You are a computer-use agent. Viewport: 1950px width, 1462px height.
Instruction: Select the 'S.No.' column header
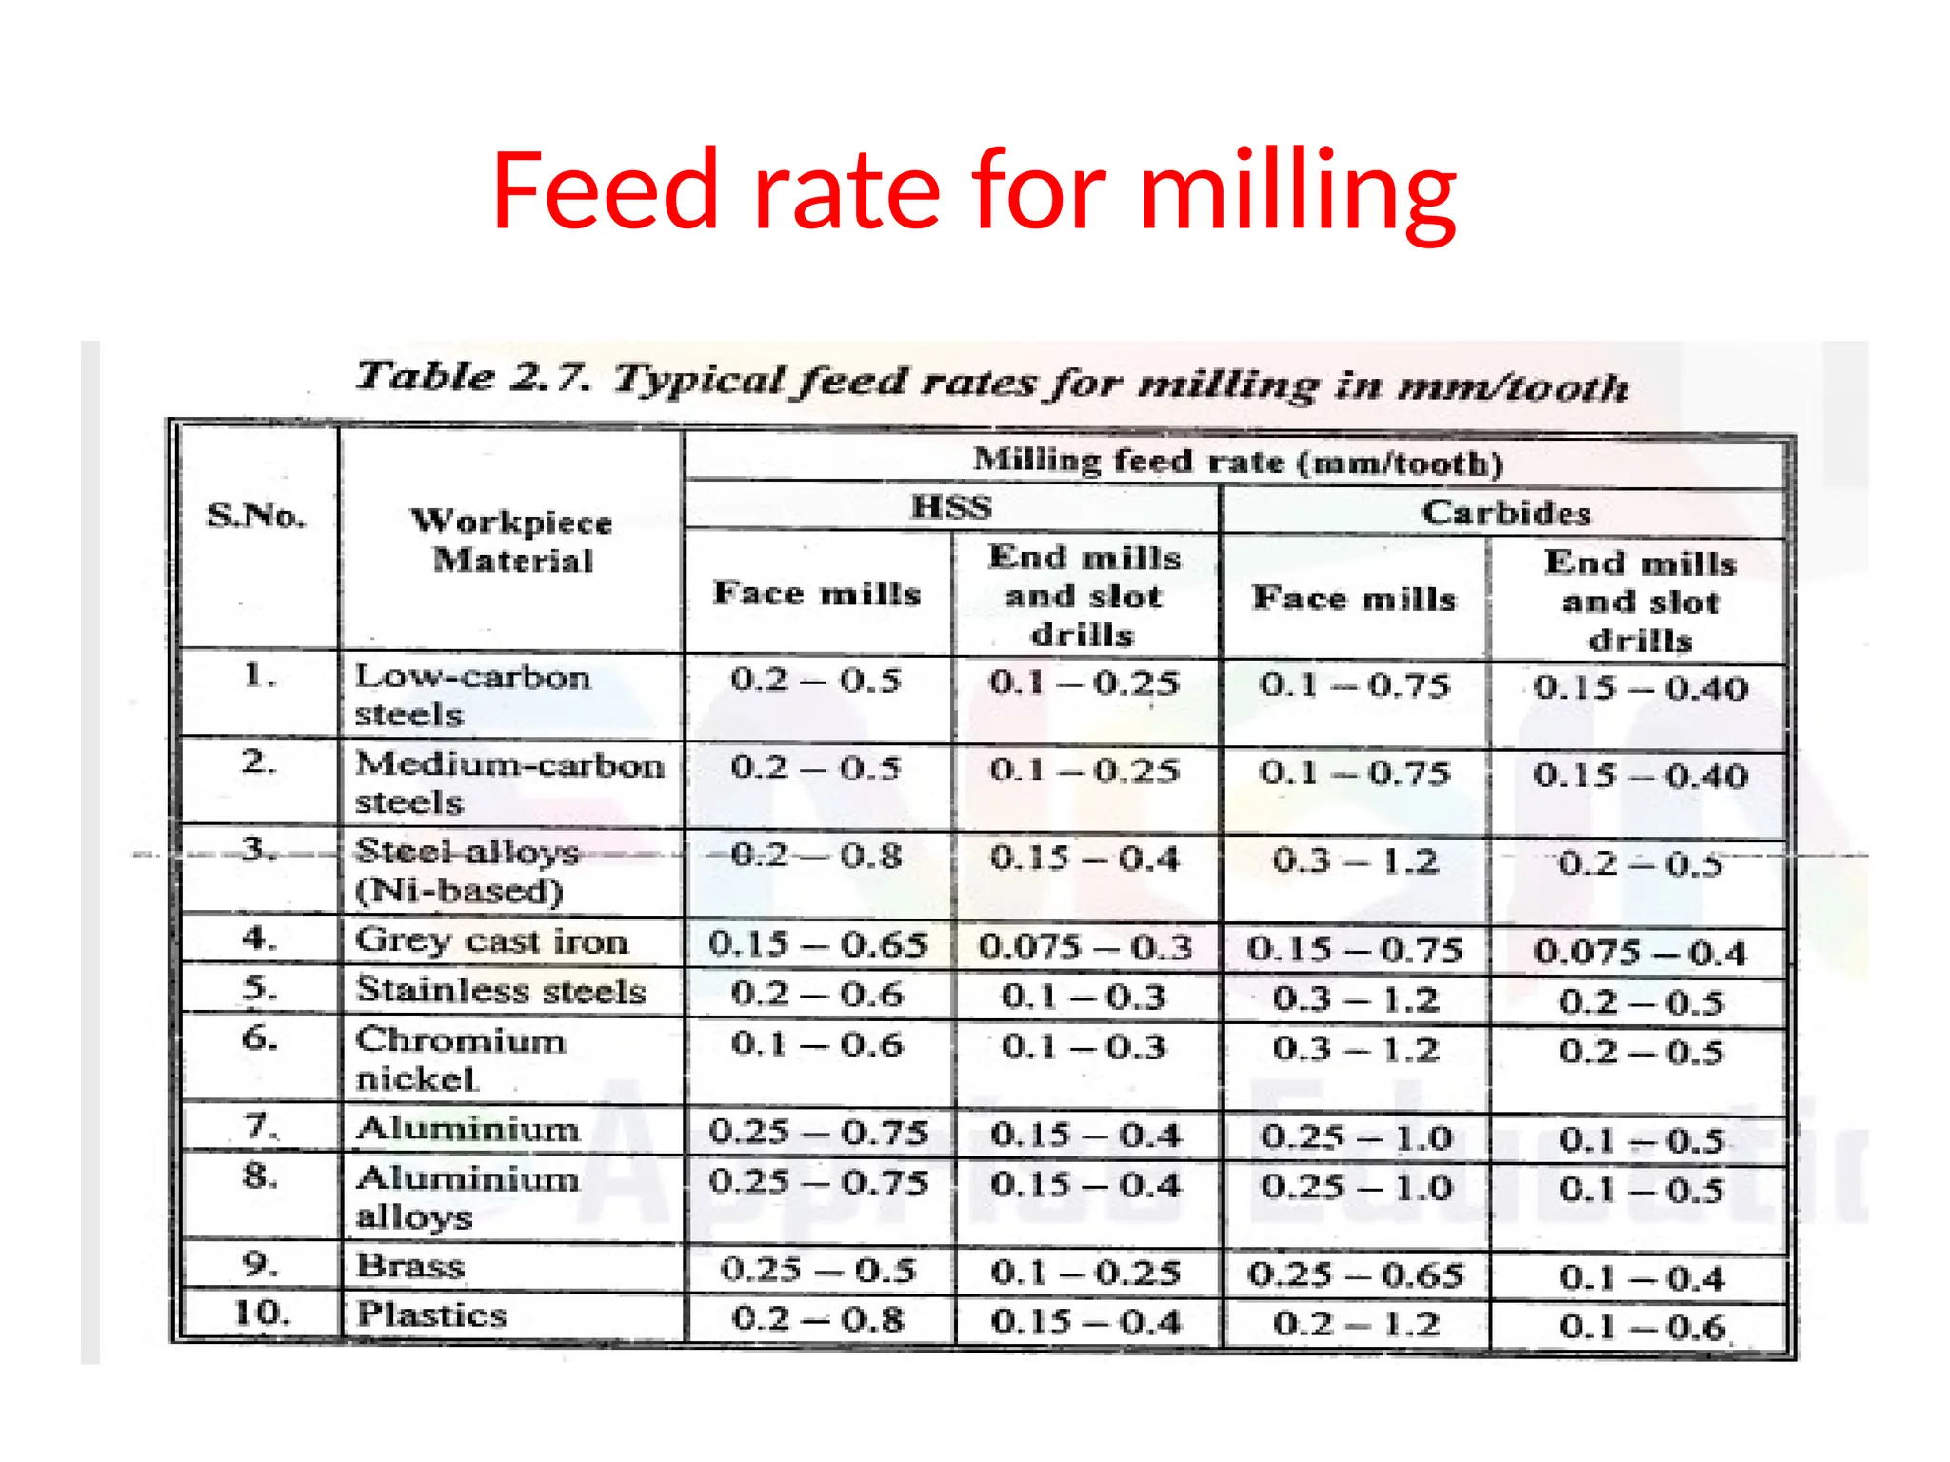tap(256, 515)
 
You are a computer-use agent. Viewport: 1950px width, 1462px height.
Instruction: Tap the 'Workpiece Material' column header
tap(512, 541)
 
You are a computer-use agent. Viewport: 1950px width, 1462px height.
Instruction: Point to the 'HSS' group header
tap(950, 506)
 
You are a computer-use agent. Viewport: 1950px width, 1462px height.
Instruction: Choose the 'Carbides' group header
tap(1505, 512)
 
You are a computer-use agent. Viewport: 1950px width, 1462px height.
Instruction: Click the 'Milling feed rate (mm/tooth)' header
tap(1237, 462)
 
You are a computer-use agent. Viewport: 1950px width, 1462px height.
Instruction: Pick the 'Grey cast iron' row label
tap(491, 940)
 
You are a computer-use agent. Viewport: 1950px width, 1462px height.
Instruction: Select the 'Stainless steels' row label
tap(501, 990)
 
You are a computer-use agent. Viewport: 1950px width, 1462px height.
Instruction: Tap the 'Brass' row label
tap(410, 1266)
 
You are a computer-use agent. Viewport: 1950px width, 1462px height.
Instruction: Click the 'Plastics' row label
tap(431, 1314)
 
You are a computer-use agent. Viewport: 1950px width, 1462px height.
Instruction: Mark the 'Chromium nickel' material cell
tap(461, 1058)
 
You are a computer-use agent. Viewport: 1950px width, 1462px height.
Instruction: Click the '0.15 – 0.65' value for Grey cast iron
tap(817, 943)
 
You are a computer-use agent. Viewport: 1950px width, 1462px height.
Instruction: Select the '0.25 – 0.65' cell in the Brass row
tap(1355, 1274)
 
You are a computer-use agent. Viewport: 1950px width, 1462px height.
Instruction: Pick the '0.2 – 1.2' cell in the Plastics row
tap(1355, 1323)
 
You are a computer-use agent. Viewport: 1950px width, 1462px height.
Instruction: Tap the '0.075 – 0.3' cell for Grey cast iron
tap(1084, 946)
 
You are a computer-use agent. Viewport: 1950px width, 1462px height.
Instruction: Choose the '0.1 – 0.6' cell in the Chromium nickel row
tap(816, 1044)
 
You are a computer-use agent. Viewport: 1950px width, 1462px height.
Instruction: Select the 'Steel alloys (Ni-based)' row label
tap(467, 870)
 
